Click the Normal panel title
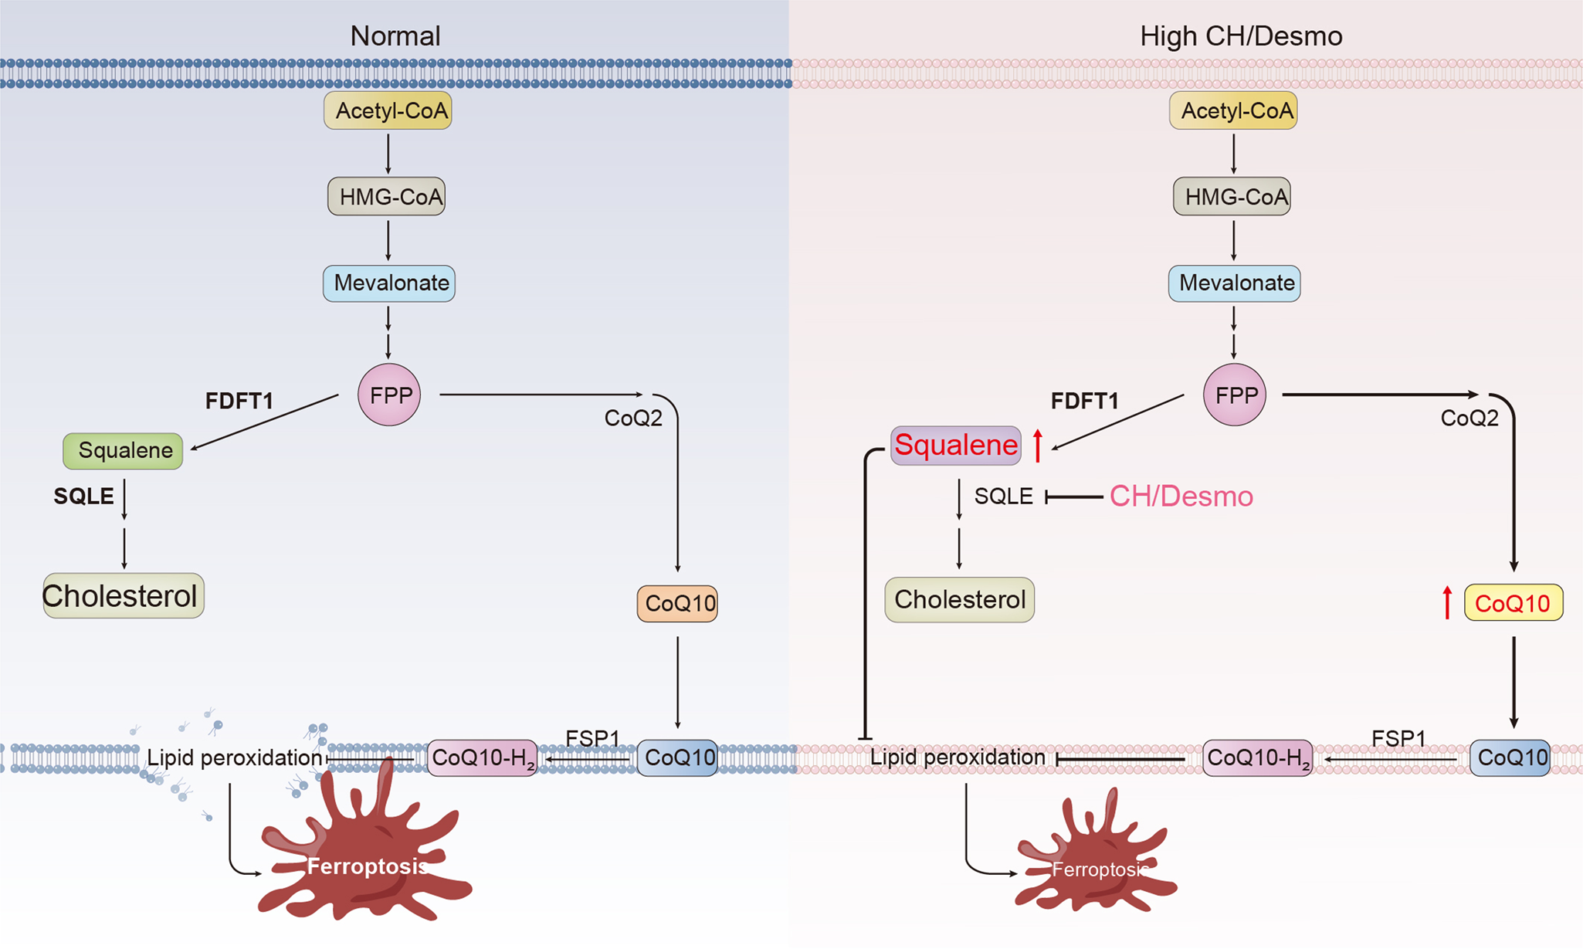point(395,36)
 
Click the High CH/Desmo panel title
point(1240,36)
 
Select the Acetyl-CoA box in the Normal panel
point(388,110)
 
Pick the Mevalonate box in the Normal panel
point(389,283)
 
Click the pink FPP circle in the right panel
point(1234,395)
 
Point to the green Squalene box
point(123,451)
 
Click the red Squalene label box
point(955,446)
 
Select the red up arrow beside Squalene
point(1038,446)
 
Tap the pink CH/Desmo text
point(1181,497)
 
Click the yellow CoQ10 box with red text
point(1513,603)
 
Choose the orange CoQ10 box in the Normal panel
point(677,603)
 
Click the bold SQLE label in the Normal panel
point(83,497)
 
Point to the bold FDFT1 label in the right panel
point(1084,401)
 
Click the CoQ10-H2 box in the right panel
point(1257,758)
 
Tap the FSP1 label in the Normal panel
point(592,738)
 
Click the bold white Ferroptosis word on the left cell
point(368,866)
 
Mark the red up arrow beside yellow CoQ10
point(1447,603)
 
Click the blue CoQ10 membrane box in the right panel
point(1510,758)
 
